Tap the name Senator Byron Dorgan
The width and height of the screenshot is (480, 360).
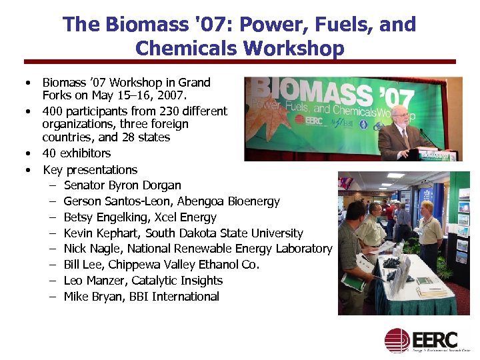coord(122,185)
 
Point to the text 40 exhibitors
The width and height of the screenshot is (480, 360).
coord(77,153)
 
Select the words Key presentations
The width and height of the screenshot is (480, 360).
coord(90,169)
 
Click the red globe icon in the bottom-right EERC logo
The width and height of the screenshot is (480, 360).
coord(397,340)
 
